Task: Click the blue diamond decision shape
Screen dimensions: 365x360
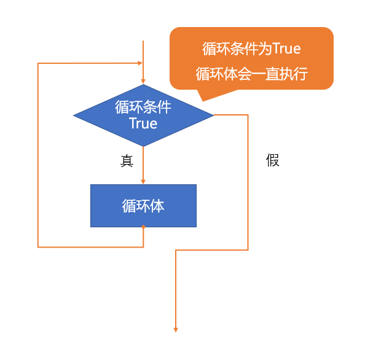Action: coord(143,115)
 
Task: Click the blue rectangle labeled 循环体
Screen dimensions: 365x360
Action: coord(143,206)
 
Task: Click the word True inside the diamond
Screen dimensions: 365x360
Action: coord(143,123)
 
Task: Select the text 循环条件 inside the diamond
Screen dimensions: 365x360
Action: coord(143,107)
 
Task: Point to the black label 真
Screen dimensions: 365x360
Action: coord(127,160)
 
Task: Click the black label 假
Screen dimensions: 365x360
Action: coord(273,160)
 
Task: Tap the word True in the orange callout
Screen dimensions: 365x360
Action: coord(286,49)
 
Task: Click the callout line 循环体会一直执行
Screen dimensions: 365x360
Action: coord(252,74)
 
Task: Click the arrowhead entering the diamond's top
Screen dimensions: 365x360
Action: coord(143,82)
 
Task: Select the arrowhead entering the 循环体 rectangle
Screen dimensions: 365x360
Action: coord(143,182)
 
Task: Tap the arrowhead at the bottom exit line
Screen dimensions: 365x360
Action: coord(176,330)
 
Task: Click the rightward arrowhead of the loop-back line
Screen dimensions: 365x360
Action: coord(140,63)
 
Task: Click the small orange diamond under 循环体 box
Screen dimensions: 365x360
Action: coord(143,227)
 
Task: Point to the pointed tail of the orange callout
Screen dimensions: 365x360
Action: coord(203,101)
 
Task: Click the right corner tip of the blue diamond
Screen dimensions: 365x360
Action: coord(213,115)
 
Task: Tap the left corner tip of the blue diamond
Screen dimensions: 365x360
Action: coord(73,115)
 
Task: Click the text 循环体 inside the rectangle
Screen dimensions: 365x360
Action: coord(143,206)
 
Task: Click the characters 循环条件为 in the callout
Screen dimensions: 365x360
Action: coord(237,49)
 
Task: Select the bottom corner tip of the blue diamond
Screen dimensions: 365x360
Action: coord(143,146)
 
